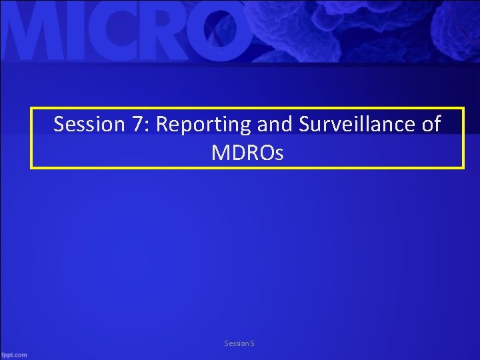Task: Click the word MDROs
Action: tap(247, 153)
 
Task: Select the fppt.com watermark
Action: tap(14, 354)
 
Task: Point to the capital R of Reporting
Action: tap(161, 125)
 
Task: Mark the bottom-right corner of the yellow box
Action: tap(462, 167)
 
